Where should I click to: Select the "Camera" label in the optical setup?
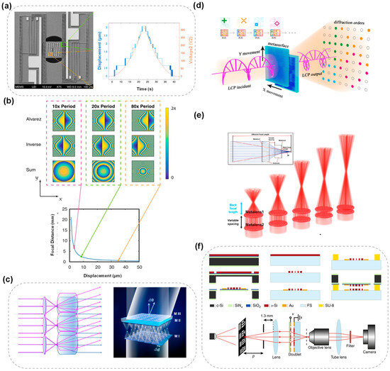click(365, 360)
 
